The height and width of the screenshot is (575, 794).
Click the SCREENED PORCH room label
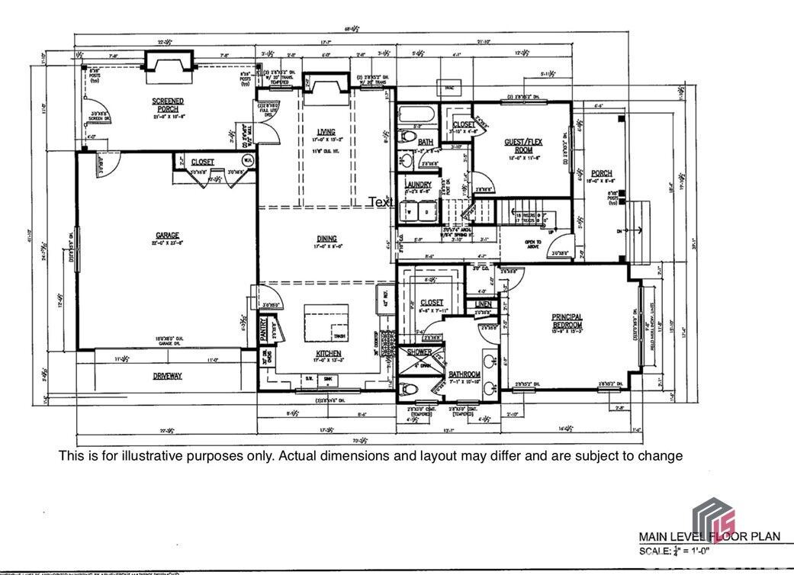click(167, 104)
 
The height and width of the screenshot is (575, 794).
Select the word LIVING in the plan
click(326, 132)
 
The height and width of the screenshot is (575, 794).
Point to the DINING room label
click(325, 239)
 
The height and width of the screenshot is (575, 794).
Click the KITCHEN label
click(328, 354)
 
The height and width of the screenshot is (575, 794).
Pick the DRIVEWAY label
click(167, 376)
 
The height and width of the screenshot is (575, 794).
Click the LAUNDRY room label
click(418, 185)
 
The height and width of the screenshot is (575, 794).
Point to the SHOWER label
click(420, 352)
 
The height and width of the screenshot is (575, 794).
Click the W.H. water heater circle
click(247, 160)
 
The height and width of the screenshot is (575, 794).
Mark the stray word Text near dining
click(381, 202)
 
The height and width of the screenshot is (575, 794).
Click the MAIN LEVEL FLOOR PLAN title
click(709, 536)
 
